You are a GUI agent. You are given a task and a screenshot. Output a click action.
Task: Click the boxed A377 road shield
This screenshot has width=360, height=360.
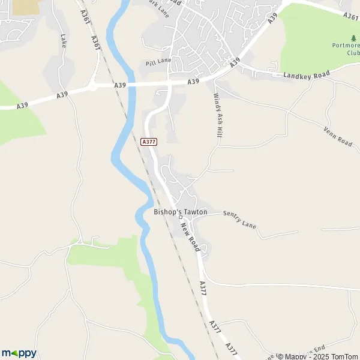click(x=149, y=142)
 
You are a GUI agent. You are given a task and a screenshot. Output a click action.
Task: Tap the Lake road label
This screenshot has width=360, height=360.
click(x=63, y=40)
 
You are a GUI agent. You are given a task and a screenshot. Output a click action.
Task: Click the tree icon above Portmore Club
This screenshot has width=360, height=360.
click(x=353, y=38)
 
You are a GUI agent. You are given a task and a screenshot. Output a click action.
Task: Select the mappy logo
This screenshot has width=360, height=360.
click(x=19, y=353)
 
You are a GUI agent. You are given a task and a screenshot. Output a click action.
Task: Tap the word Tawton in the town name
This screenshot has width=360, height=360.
click(x=194, y=212)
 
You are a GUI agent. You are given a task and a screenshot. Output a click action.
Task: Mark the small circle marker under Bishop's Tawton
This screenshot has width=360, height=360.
click(x=181, y=218)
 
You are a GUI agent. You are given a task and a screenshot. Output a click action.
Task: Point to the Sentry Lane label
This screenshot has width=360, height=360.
click(x=239, y=219)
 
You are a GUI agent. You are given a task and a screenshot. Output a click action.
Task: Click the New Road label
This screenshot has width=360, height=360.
click(x=190, y=235)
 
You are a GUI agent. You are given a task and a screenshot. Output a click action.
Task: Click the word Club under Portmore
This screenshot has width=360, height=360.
click(x=354, y=52)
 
